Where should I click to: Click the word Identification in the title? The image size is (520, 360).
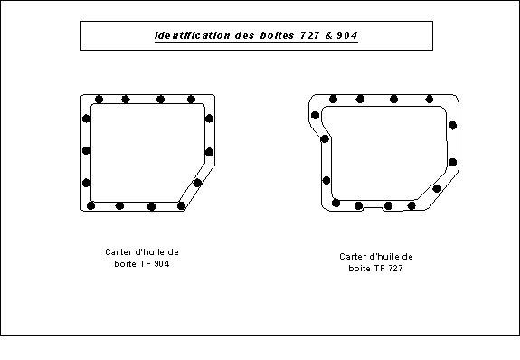pos(193,35)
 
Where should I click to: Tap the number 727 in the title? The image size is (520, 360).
pos(310,35)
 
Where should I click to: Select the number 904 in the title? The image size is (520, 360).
pos(347,35)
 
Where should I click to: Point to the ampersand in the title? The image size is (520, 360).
pos(328,35)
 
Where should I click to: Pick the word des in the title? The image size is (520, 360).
pos(245,35)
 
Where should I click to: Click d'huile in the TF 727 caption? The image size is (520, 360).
pos(384,257)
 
